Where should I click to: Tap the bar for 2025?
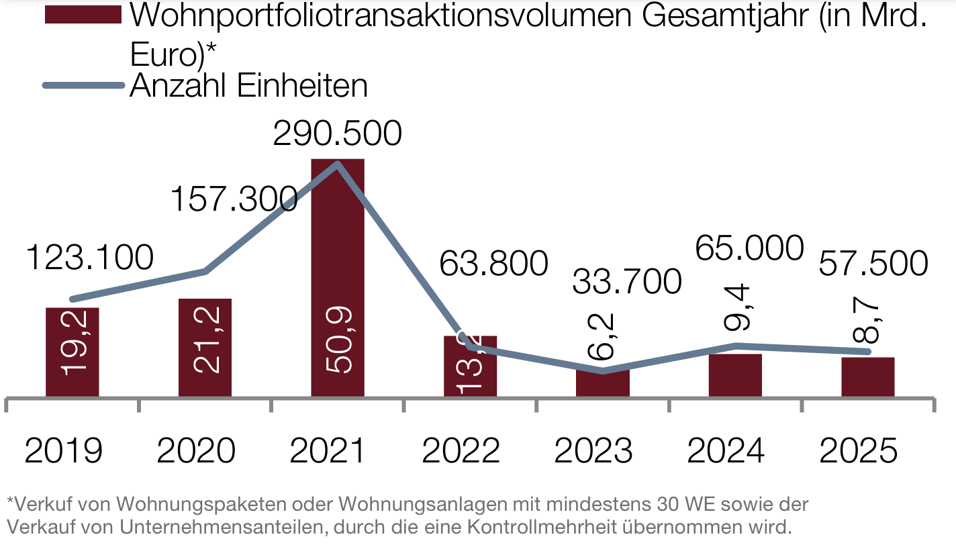[x=868, y=377]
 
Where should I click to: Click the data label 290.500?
[x=337, y=133]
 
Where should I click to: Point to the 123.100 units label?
[x=91, y=258]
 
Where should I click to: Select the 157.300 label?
[x=234, y=199]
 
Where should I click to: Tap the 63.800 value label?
[x=493, y=264]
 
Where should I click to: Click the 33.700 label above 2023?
[x=627, y=282]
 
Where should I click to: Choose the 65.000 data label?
[x=749, y=248]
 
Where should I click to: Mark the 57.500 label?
[x=873, y=264]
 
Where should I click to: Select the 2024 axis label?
[x=726, y=451]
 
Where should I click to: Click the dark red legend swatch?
[x=83, y=15]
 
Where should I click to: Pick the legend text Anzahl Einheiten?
[x=248, y=86]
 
